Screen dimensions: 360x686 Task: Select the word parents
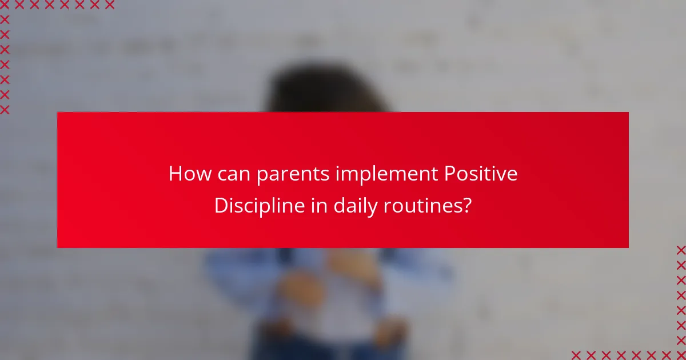[293, 175]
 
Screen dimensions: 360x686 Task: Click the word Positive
[481, 174]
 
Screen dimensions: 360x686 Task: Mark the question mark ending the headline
[467, 206]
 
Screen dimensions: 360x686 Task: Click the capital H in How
[175, 174]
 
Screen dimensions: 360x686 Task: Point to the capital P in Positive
[450, 174]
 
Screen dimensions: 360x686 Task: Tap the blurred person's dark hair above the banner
[326, 89]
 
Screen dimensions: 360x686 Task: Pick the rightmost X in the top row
[109, 5]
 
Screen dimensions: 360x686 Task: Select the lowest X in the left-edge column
[5, 110]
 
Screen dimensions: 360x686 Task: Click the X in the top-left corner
[5, 5]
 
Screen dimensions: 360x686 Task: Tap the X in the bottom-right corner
[680, 354]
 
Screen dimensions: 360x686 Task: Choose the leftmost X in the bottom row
[576, 354]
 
